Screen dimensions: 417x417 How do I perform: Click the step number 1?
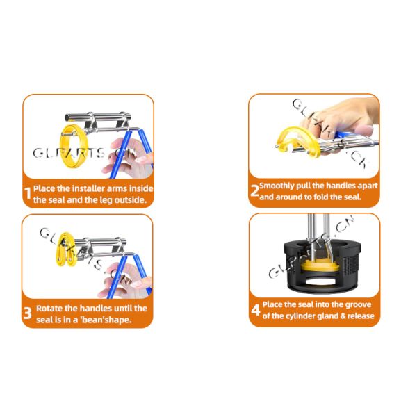click(x=28, y=193)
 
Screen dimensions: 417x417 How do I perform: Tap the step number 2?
click(x=254, y=191)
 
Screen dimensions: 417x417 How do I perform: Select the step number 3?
click(x=28, y=313)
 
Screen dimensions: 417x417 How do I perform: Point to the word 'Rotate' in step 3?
click(x=50, y=308)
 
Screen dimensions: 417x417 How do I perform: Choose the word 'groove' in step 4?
click(x=357, y=304)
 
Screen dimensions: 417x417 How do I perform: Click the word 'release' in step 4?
click(x=358, y=316)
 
